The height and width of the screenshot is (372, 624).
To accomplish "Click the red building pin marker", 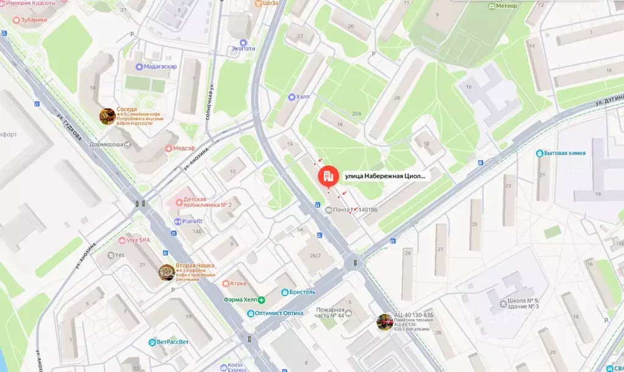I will (x=328, y=177).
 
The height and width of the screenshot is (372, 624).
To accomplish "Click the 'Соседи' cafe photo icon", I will (x=107, y=115).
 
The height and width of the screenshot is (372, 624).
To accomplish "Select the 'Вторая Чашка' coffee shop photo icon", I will (x=166, y=272).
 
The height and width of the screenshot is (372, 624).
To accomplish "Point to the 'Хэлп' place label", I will (x=303, y=96).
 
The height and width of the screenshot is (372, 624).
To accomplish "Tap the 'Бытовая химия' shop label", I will (x=565, y=153).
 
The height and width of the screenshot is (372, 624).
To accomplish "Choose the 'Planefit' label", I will (x=192, y=221).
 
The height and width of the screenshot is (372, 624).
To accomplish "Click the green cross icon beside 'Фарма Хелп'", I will (x=261, y=299).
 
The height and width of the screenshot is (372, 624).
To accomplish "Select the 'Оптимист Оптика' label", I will (x=279, y=313).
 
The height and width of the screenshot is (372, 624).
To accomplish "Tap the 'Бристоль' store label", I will (x=302, y=292).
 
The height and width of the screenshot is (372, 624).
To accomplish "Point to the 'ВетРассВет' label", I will (x=173, y=342).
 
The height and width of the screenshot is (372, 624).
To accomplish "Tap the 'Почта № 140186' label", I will (x=354, y=210).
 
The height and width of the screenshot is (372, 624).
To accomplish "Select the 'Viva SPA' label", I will (x=138, y=240).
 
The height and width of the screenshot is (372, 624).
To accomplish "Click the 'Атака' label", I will (x=237, y=284).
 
